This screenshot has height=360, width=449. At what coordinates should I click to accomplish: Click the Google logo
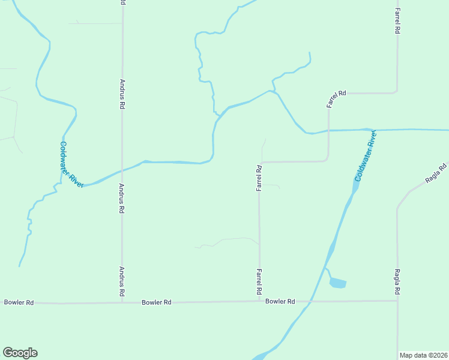click(20, 353)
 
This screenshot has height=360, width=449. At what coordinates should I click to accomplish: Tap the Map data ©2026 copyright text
click(423, 355)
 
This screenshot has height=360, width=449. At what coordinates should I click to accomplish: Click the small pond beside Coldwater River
click(338, 283)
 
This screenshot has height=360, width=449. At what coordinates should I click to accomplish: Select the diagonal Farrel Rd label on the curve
click(337, 98)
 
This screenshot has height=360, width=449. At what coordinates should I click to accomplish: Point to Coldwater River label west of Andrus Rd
click(71, 164)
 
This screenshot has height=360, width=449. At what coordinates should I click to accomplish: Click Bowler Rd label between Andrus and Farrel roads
click(157, 302)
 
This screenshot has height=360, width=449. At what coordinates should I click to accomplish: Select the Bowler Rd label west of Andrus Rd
click(19, 302)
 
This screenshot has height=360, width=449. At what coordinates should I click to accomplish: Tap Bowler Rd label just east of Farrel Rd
click(280, 301)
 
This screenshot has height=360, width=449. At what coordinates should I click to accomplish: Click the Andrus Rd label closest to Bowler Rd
click(122, 282)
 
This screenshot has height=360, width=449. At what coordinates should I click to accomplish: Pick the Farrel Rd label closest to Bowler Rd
click(259, 281)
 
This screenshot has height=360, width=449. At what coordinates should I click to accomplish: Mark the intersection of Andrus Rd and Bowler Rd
click(122, 302)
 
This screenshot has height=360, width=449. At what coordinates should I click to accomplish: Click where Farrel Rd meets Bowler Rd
click(259, 301)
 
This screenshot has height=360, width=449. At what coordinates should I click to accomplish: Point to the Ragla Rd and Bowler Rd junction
click(397, 301)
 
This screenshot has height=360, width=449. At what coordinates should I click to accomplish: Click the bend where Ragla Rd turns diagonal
click(397, 208)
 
